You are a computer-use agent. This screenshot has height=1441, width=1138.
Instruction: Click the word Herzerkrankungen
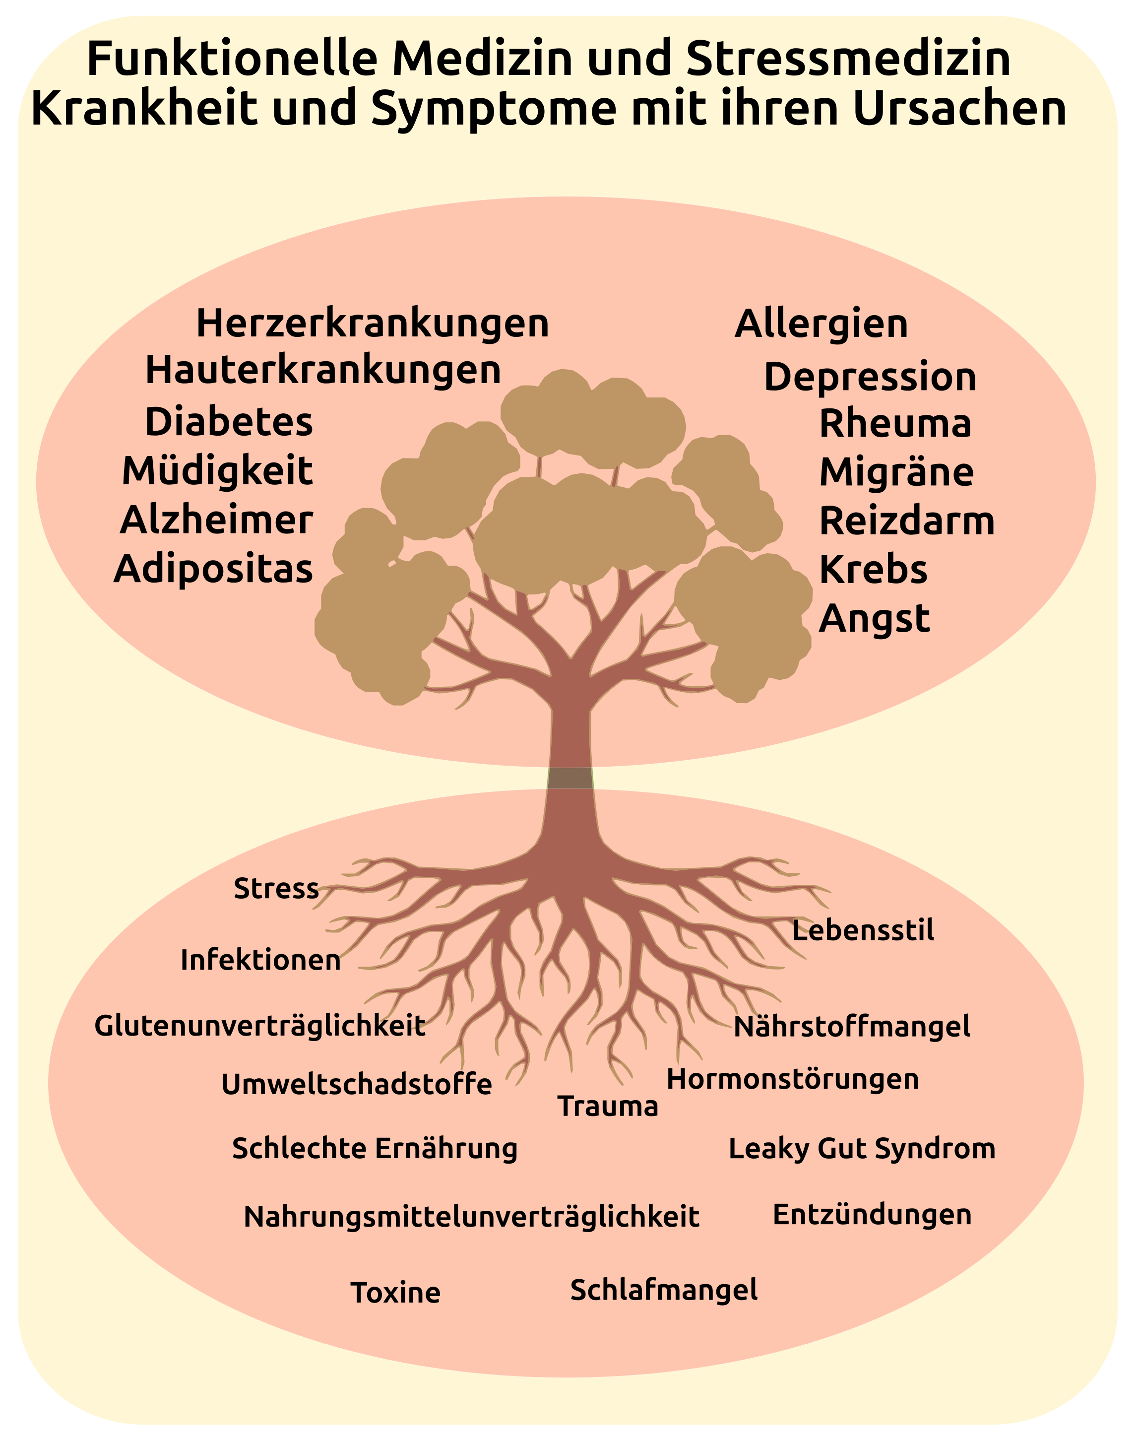(373, 324)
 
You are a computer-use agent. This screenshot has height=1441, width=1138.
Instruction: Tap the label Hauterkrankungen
(323, 370)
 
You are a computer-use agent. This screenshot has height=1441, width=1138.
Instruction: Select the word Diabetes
(229, 422)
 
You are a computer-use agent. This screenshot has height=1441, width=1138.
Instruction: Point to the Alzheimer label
(217, 521)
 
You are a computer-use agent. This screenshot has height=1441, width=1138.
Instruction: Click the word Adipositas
(213, 570)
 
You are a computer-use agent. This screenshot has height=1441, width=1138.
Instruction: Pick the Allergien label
(821, 324)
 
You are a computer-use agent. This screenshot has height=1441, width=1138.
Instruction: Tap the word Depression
(870, 377)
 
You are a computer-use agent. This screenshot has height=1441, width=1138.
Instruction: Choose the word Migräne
(896, 472)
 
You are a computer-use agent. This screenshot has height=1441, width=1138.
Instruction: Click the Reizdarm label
(907, 521)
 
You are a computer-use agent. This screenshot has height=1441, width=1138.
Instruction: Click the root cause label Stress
(276, 889)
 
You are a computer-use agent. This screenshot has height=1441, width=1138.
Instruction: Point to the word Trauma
(608, 1107)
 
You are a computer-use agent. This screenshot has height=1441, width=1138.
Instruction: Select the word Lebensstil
(863, 930)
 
